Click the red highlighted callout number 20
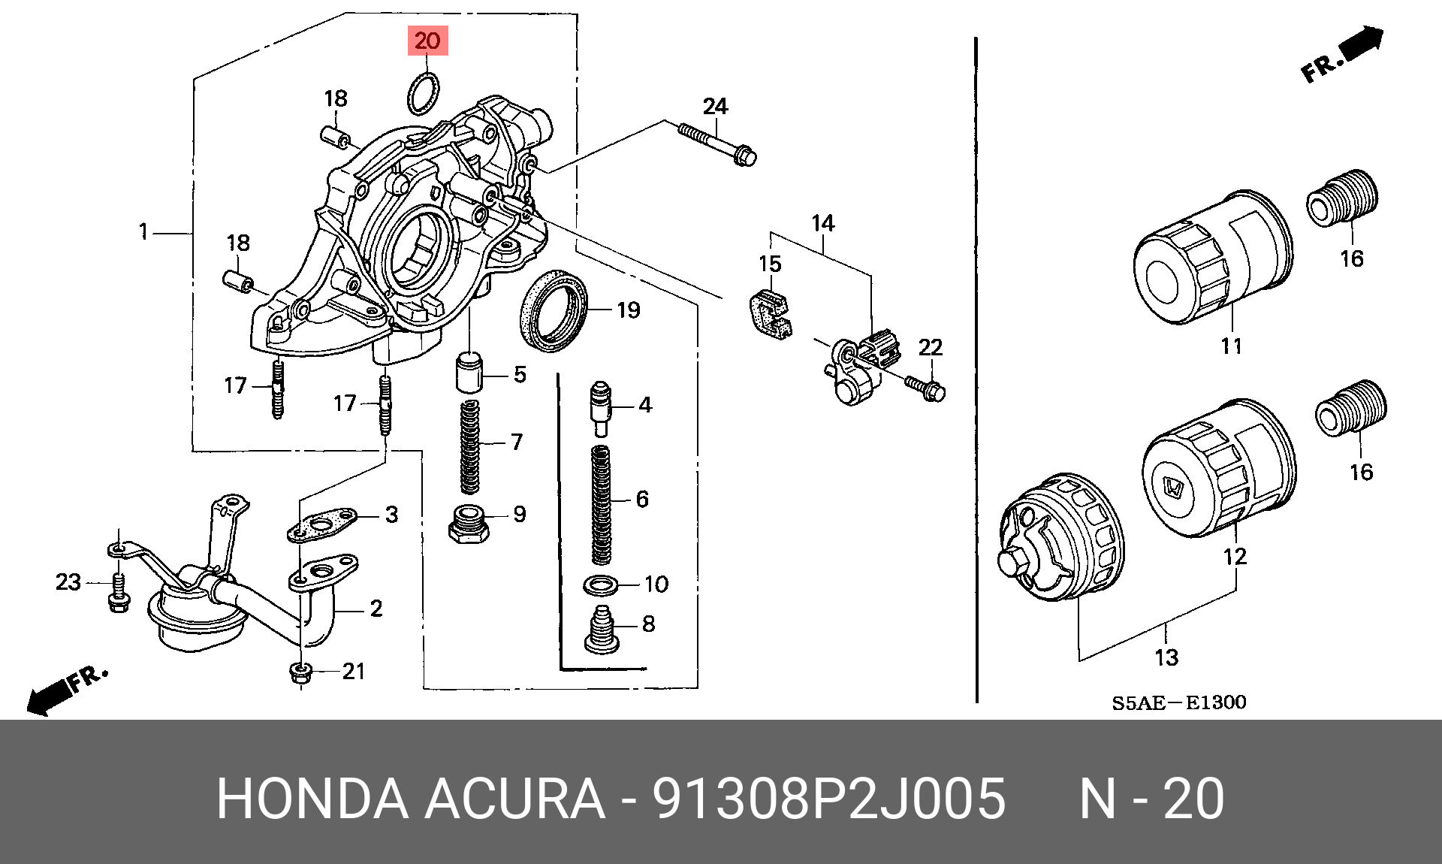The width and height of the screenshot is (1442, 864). click(x=427, y=41)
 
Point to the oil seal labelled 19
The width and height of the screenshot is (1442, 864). click(x=553, y=310)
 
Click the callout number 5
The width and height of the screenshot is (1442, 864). click(x=520, y=374)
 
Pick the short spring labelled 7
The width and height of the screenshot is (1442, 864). click(x=470, y=446)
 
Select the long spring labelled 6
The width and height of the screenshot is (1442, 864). click(x=602, y=505)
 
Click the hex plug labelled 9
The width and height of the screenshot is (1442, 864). click(x=469, y=524)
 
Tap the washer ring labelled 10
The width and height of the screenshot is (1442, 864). click(x=601, y=584)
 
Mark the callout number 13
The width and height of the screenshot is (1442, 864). click(x=1166, y=658)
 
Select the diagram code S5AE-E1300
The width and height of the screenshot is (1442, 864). click(x=1178, y=702)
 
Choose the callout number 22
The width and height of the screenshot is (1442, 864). click(x=930, y=347)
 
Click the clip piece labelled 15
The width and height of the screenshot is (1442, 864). click(x=770, y=313)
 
